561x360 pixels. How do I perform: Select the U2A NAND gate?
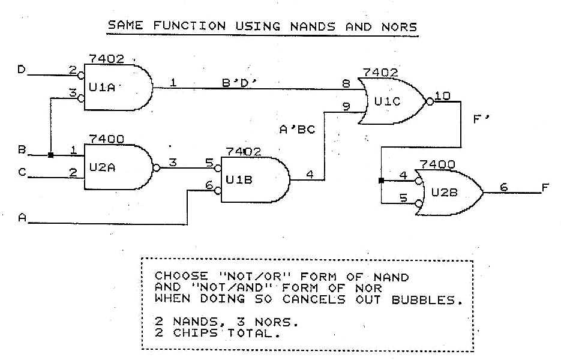(x=117, y=167)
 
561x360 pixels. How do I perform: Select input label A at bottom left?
(x=22, y=220)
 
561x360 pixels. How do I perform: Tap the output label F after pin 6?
(x=545, y=188)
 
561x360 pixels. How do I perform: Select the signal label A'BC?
(x=297, y=128)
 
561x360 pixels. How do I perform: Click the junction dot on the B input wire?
(x=51, y=155)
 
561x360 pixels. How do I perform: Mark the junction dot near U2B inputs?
(x=382, y=179)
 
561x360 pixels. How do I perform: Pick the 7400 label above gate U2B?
(x=439, y=164)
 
